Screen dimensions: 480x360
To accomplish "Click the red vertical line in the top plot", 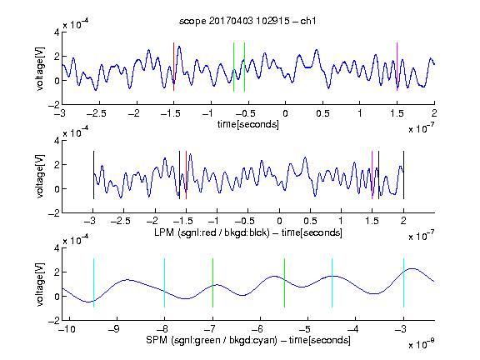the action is point(173,67).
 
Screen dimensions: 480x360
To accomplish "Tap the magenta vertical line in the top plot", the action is point(397,67).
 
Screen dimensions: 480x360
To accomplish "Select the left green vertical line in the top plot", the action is point(233,67).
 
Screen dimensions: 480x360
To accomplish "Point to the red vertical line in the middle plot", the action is point(186,175).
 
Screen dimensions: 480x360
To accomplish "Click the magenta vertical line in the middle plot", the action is point(372,175).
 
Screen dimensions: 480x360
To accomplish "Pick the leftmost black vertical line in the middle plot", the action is point(93,175).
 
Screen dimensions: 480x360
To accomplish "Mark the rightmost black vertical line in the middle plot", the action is point(403,175).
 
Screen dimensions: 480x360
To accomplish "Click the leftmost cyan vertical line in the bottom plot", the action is point(93,282).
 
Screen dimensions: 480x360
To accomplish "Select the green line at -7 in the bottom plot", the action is point(212,282).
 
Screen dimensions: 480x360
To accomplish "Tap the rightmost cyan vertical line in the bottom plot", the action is point(403,282).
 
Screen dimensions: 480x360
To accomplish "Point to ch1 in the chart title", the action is point(308,21).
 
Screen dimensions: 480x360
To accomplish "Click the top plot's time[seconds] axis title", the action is point(248,124).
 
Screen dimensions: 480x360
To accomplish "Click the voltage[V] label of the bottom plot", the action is point(40,284).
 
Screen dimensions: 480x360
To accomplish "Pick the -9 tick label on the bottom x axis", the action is point(114,329).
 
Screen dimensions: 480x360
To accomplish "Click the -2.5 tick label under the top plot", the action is point(97,113).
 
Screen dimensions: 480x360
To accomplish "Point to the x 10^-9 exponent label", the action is point(421,344).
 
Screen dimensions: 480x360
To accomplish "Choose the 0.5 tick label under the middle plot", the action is point(310,221).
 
